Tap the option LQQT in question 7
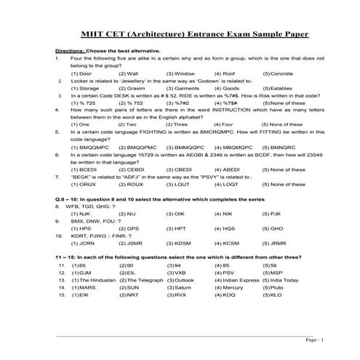[228, 184]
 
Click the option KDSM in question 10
[179, 243]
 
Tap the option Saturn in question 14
[180, 287]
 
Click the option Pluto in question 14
[275, 287]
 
